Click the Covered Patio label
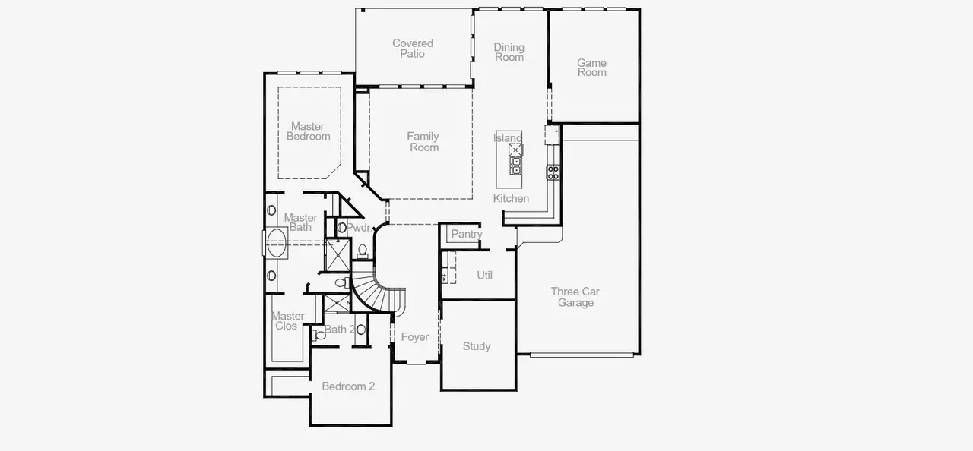(x=413, y=49)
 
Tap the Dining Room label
(x=509, y=52)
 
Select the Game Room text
(x=591, y=68)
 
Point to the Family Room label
(x=423, y=142)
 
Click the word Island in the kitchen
(x=508, y=137)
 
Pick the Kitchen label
(x=511, y=198)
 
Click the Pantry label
(x=466, y=234)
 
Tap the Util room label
(x=484, y=275)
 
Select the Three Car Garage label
(x=575, y=297)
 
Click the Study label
(x=477, y=346)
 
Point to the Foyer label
(x=415, y=337)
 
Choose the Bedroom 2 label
(x=348, y=386)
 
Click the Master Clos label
(x=288, y=320)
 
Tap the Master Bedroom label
(x=308, y=131)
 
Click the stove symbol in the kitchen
(x=553, y=172)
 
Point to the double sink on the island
(x=515, y=165)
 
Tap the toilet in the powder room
(x=363, y=250)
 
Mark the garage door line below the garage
(x=582, y=354)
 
